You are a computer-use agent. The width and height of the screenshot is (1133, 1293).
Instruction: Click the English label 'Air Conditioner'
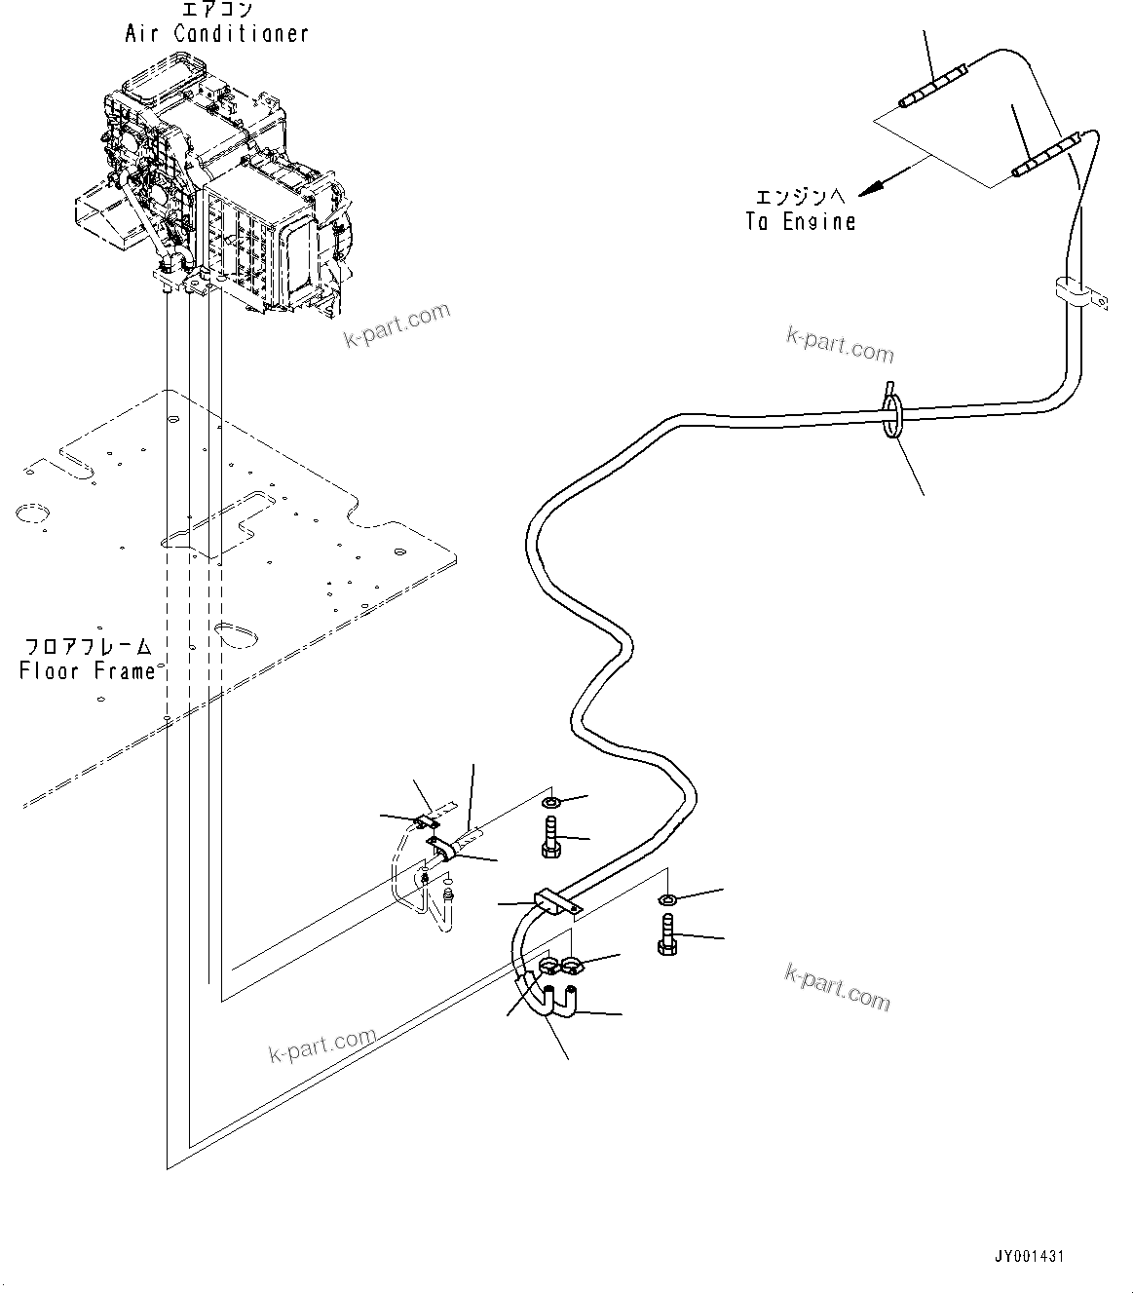click(216, 33)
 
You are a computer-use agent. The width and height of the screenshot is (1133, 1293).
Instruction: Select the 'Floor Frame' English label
click(88, 671)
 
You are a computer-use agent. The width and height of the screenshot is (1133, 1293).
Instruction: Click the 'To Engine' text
click(801, 222)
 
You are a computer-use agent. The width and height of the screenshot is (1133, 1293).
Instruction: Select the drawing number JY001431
click(1031, 1256)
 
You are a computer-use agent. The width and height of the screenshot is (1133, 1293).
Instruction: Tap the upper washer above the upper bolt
click(549, 802)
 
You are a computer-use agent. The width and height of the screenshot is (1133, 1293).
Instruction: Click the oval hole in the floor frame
click(234, 633)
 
